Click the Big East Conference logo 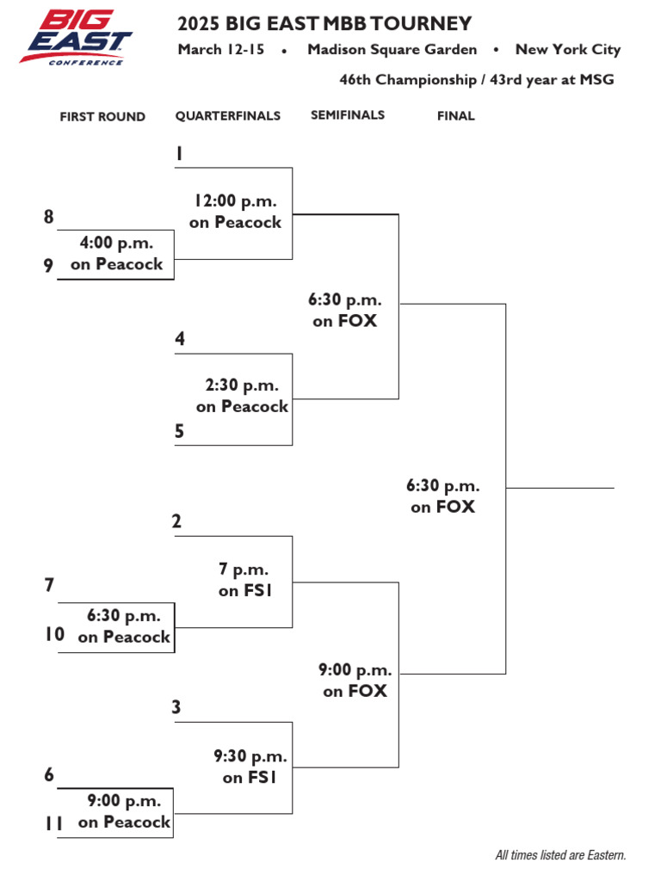76,37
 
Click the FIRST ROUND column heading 102,117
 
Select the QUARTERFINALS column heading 228,116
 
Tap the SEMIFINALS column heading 348,115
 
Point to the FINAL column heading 455,116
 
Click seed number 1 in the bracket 179,154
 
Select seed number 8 49,218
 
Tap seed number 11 53,823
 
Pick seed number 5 179,432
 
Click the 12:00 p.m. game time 235,201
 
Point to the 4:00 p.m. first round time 116,243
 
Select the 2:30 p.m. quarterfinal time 242,385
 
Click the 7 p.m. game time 244,570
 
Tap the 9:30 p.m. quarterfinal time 250,757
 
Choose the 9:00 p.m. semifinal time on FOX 355,670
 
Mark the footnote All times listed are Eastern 560,855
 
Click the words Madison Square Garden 392,50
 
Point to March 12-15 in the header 221,50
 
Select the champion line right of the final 560,488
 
